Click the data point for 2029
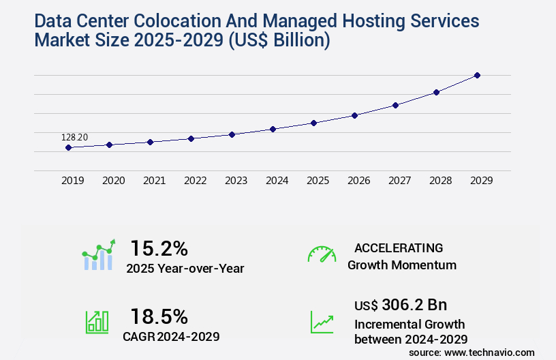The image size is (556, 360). (x=477, y=75)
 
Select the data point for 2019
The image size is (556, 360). (x=68, y=147)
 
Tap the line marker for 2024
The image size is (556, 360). (x=273, y=129)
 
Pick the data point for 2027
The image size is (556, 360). (x=395, y=105)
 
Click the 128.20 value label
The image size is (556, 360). (x=74, y=137)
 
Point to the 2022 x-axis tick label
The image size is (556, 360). (x=195, y=181)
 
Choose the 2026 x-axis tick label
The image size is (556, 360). (x=358, y=181)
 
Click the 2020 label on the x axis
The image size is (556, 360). (x=113, y=181)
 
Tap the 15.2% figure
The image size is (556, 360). (x=159, y=247)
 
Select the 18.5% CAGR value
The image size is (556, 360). (x=159, y=316)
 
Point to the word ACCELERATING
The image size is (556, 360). (x=399, y=247)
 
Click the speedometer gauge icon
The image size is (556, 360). (x=322, y=254)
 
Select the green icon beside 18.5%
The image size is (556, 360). (x=97, y=322)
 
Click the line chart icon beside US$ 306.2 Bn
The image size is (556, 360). (x=322, y=322)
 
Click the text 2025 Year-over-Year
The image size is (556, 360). (x=185, y=268)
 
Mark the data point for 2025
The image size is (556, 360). (x=313, y=123)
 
